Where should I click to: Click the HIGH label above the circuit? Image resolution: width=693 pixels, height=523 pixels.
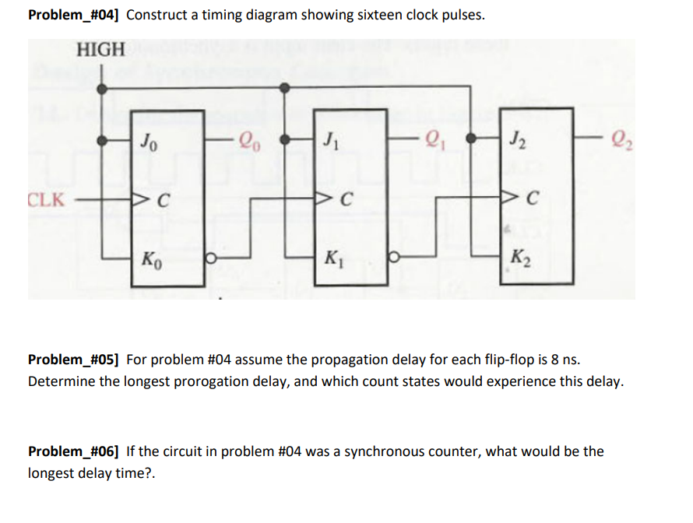click(100, 50)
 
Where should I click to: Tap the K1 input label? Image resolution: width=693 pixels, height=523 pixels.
click(332, 257)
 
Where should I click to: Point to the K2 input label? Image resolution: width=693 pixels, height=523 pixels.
click(519, 257)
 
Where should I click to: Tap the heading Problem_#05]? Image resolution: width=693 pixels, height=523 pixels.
click(75, 360)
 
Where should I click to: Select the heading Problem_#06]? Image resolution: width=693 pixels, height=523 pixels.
click(75, 451)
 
